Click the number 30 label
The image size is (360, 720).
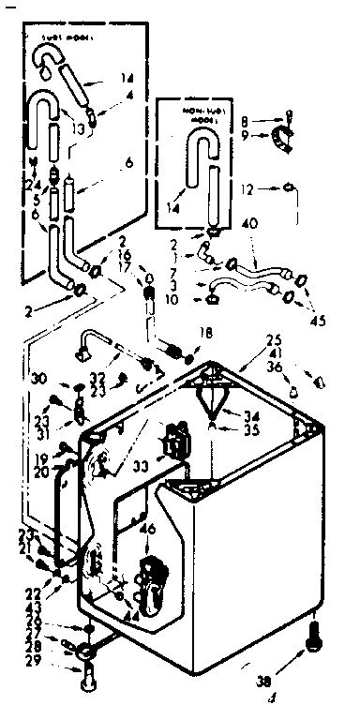coord(36,380)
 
